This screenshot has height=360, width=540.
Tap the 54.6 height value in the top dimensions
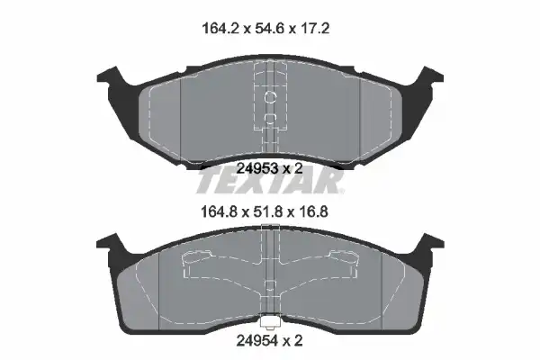click(269, 28)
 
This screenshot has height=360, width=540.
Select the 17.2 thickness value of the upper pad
click(315, 28)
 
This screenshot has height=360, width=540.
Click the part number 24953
click(257, 168)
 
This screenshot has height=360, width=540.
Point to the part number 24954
click(256, 341)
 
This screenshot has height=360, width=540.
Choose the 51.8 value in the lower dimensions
click(268, 211)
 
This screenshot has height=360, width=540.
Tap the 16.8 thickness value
click(314, 211)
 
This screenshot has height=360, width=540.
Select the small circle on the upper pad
click(270, 97)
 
